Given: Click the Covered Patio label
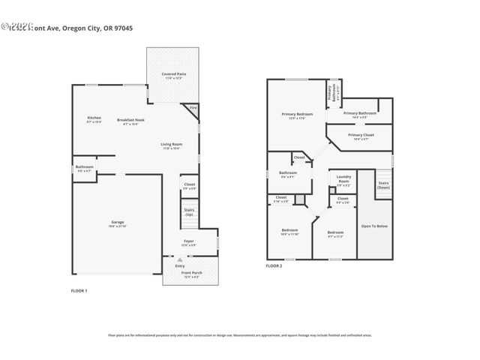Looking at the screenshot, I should tap(172, 74).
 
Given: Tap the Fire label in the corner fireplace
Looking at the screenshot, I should tap(192, 108).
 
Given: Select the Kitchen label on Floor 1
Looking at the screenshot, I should tap(94, 118).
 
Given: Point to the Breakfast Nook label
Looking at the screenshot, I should tap(130, 120).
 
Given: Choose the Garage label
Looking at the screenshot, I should tap(117, 223).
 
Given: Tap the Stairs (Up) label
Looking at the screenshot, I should tap(189, 211).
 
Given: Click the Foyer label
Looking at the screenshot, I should tap(189, 241).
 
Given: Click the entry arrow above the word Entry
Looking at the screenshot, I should tap(179, 259).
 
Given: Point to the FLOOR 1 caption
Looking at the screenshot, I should tap(79, 290).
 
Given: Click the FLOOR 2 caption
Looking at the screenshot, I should tap(274, 265).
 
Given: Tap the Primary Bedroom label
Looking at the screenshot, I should tap(297, 114).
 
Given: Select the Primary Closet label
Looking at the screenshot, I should tap(360, 135).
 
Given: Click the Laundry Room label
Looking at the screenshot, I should tap(343, 180).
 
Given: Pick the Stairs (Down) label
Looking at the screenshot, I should tap(383, 184).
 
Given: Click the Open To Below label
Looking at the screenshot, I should tap(373, 225).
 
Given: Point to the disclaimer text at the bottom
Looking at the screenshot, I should tap(240, 335).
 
